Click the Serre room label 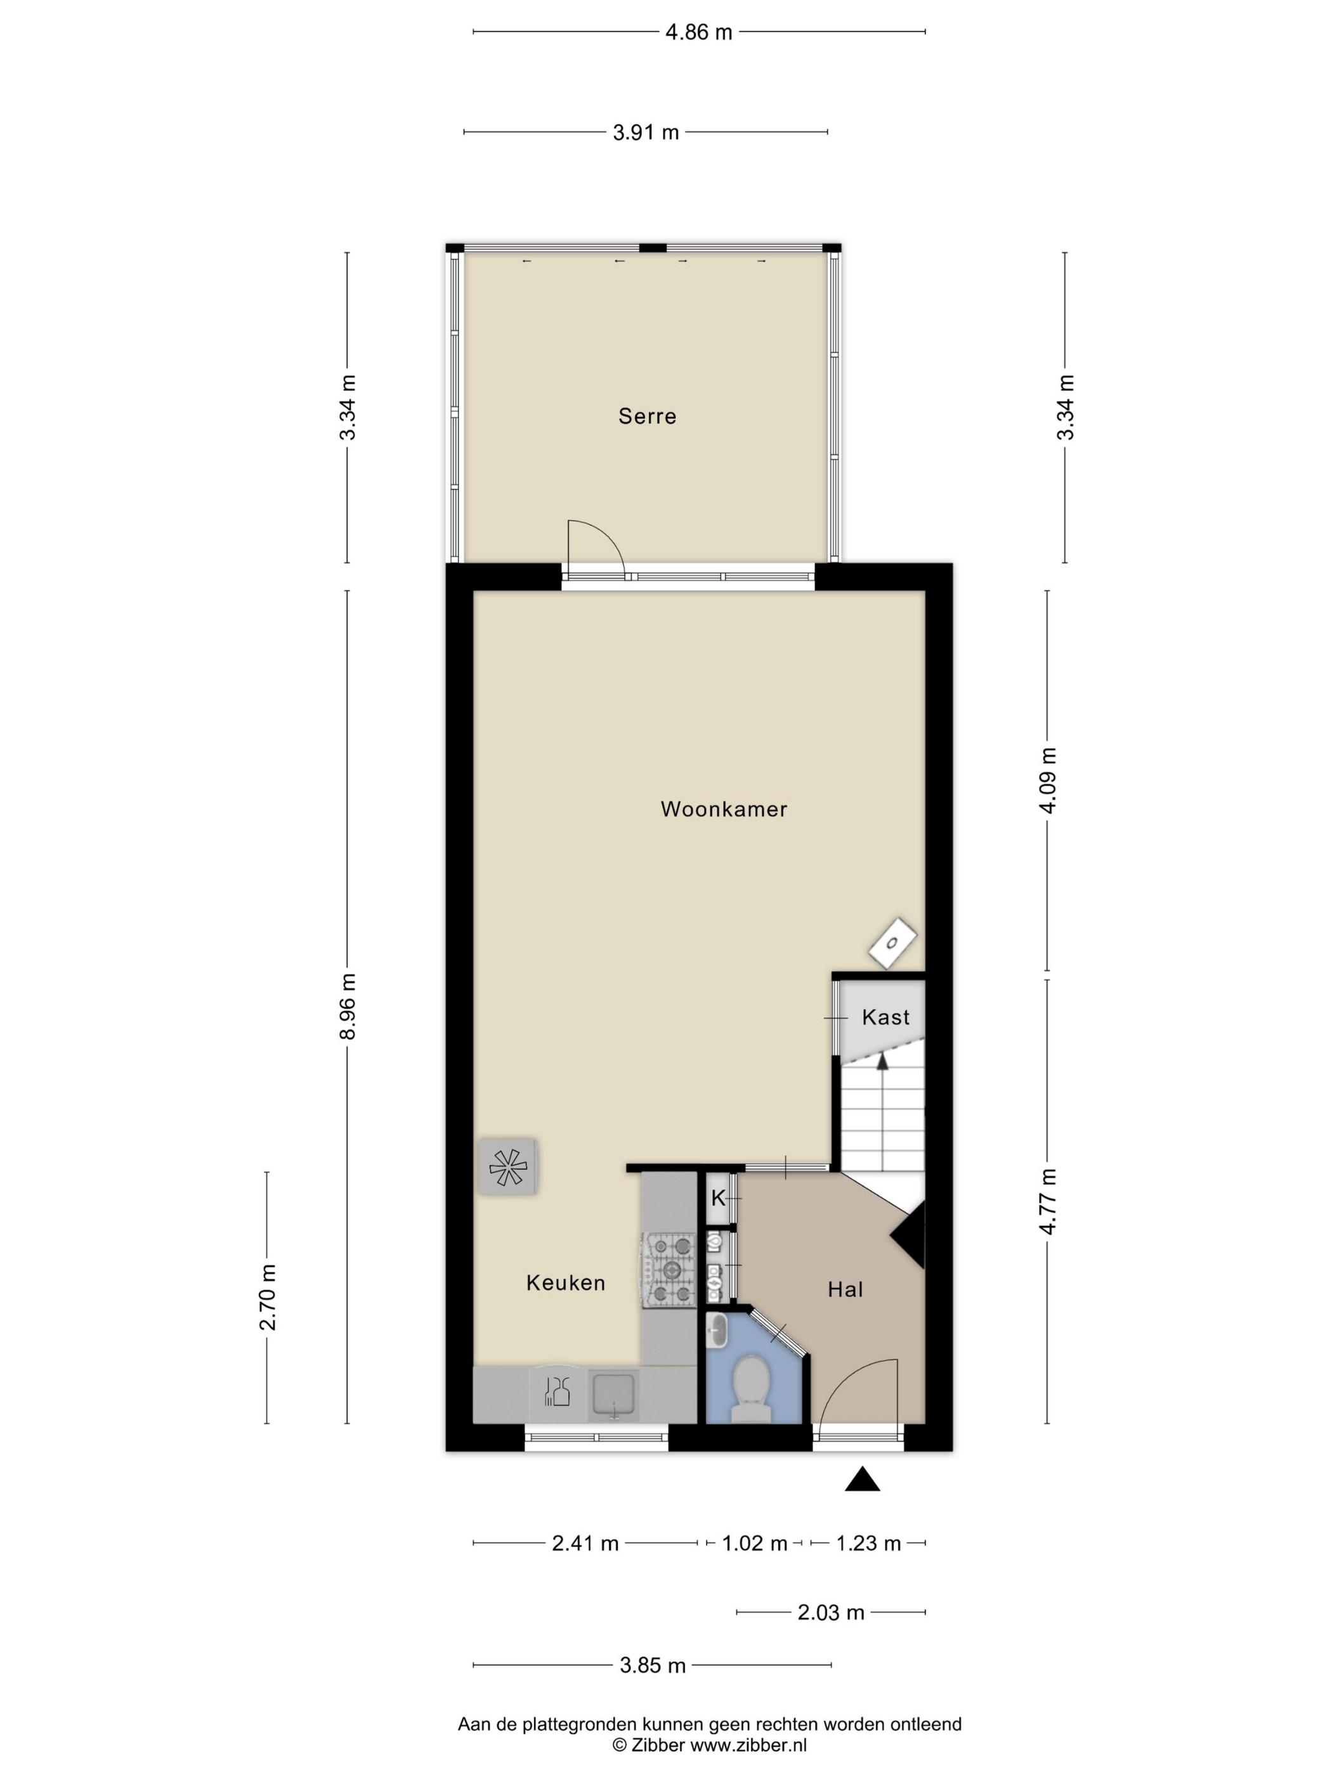coord(647,416)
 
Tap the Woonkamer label coord(724,809)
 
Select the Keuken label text coord(565,1282)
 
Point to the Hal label coord(846,1289)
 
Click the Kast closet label coord(885,1017)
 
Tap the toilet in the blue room coord(752,1388)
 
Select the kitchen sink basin coord(614,1395)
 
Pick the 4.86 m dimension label coord(698,32)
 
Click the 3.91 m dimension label coord(646,132)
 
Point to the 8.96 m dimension coord(348,1006)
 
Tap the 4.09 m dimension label coord(1048,780)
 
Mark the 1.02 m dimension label coord(755,1543)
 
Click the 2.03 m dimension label coord(831,1612)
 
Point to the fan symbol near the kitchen coord(507,1168)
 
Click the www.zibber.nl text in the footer coord(748,1745)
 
